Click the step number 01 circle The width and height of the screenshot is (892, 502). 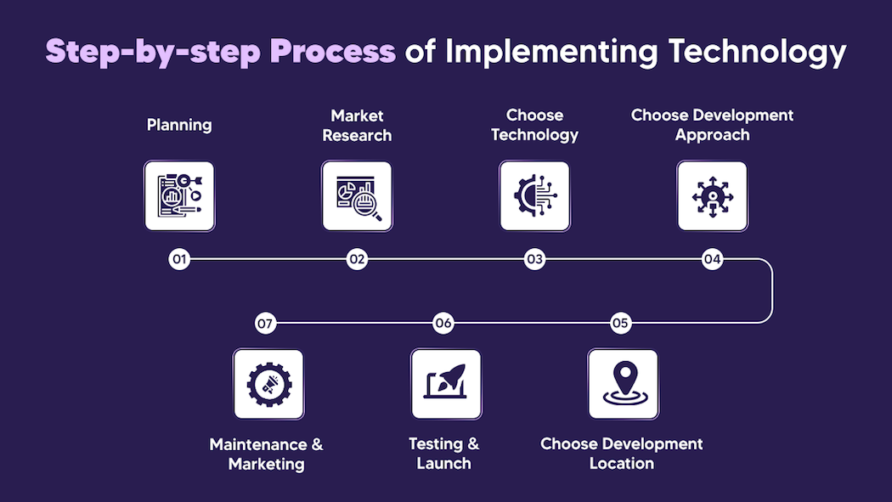pos(178,259)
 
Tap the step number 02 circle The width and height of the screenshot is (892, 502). pos(357,259)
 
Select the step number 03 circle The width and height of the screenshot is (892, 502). pos(534,259)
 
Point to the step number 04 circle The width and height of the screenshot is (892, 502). pos(712,259)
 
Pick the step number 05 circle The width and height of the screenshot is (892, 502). pos(621,323)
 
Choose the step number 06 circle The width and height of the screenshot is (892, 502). pos(443,323)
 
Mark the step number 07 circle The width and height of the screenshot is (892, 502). pos(266,323)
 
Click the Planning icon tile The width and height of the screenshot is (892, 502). pos(179,196)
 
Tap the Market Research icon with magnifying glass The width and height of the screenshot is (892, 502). pos(358,196)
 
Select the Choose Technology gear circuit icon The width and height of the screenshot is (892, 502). pos(534,196)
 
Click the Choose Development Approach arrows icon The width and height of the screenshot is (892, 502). pos(712,196)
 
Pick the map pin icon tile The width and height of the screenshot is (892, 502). pos(624,384)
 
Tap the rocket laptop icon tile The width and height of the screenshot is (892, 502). pos(446,384)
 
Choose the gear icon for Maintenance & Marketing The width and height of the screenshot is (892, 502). pos(268,384)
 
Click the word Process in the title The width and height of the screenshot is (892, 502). pos(333,51)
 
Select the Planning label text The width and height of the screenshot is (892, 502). pos(179,125)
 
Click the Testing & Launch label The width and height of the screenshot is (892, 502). pos(444,454)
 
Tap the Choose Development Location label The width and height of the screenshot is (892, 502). pos(622,454)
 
